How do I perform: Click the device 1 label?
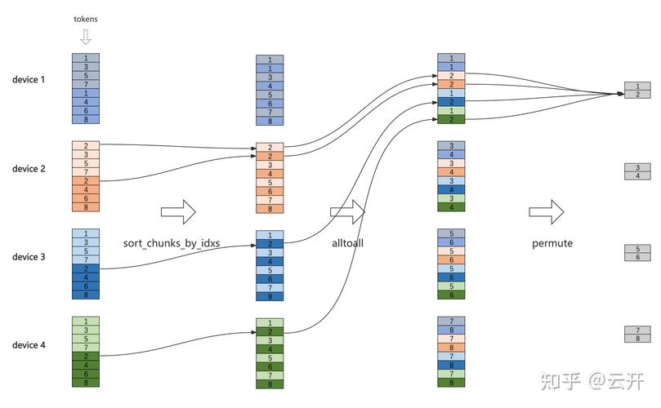pos(29,80)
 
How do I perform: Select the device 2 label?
pos(29,169)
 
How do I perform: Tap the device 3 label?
pos(29,257)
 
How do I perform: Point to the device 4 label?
pos(29,345)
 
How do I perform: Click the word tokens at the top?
pos(85,18)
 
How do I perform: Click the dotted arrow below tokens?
pos(85,37)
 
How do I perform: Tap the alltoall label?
pos(347,243)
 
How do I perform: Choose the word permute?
pos(552,243)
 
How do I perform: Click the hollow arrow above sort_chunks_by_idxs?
pos(177,212)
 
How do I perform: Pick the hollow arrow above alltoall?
pos(347,212)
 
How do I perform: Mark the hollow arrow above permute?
pos(546,212)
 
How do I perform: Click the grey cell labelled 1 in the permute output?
pos(637,86)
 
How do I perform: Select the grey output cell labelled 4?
pos(637,175)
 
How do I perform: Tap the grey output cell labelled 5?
pos(637,248)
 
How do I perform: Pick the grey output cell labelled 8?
pos(637,338)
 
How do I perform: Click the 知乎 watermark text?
pos(561,380)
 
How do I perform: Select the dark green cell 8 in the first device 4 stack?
pos(85,383)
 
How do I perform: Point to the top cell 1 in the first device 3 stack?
pos(85,233)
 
